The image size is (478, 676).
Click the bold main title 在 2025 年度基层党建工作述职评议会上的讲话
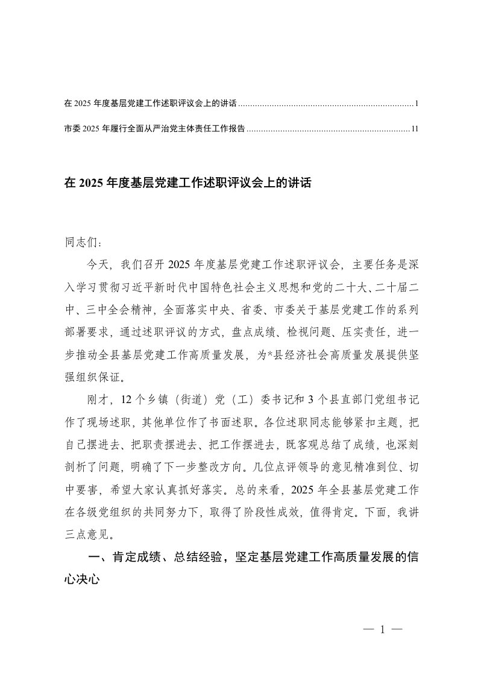pos(187,183)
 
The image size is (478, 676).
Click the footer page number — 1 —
pos(382,630)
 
